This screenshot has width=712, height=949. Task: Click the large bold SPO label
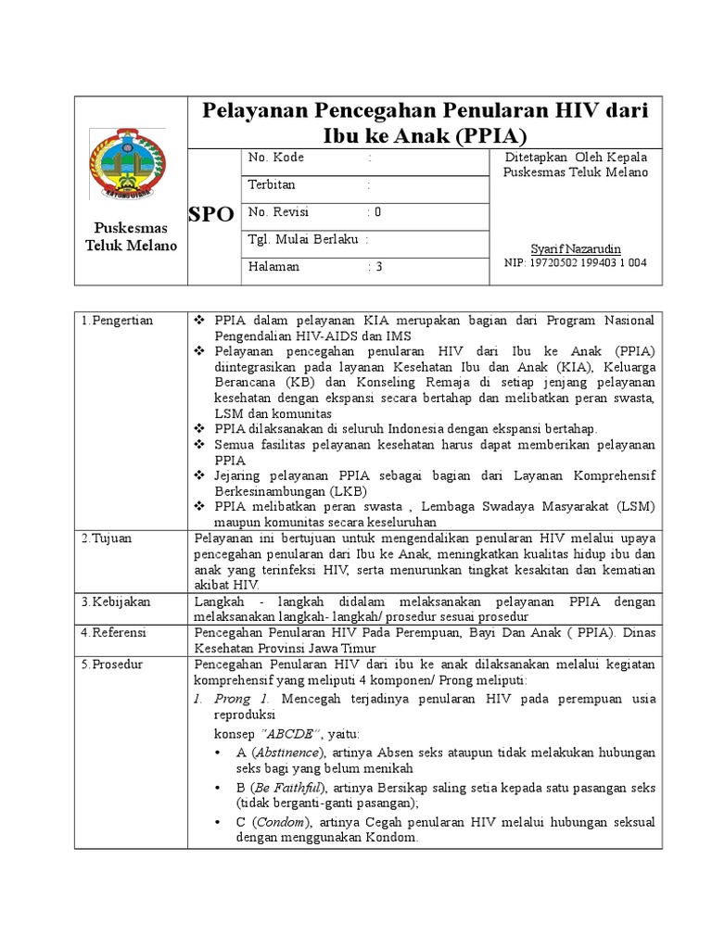coord(210,215)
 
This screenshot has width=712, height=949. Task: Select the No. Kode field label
coord(276,158)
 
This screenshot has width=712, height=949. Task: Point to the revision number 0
coord(377,212)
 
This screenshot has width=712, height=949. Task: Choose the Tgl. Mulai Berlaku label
coord(302,239)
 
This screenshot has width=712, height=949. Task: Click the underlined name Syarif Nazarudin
coord(575,248)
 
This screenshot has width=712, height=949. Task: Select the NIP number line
coord(575,263)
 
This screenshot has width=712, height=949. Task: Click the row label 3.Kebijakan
coord(117,601)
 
